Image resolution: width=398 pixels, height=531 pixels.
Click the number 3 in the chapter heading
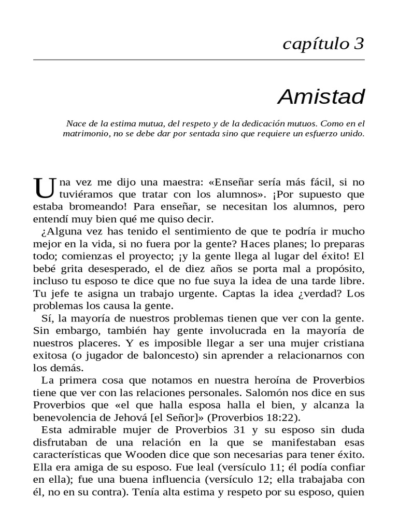click(x=359, y=45)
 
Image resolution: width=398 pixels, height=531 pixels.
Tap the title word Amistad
click(x=321, y=96)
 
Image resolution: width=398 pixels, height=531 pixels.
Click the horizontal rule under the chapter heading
click(x=199, y=60)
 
